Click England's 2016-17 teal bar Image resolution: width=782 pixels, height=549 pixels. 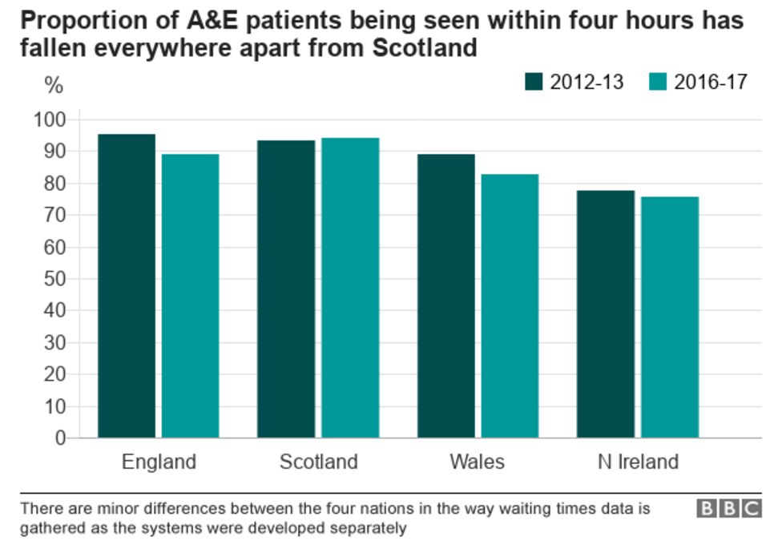(190, 296)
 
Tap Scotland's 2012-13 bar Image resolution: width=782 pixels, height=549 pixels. (286, 289)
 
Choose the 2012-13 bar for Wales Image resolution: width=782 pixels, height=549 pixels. (445, 296)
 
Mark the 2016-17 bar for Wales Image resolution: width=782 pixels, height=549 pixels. (510, 306)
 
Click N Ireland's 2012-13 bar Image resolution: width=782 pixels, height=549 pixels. (606, 314)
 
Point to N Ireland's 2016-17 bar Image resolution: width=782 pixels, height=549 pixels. (670, 317)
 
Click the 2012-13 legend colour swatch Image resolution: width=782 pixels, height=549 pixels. (534, 82)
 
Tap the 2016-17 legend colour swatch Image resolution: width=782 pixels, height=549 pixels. (657, 82)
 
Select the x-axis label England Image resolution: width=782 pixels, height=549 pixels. (159, 462)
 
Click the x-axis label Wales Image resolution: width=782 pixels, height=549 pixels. (478, 462)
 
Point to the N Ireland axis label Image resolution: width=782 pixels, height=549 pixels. (638, 462)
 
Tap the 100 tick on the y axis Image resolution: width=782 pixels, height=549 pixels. (49, 120)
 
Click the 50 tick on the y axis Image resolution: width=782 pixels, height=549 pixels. (54, 279)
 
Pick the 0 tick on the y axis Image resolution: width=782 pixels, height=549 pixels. (59, 438)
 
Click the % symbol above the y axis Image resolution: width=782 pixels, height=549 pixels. (53, 85)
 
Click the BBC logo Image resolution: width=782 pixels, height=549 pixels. (728, 509)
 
